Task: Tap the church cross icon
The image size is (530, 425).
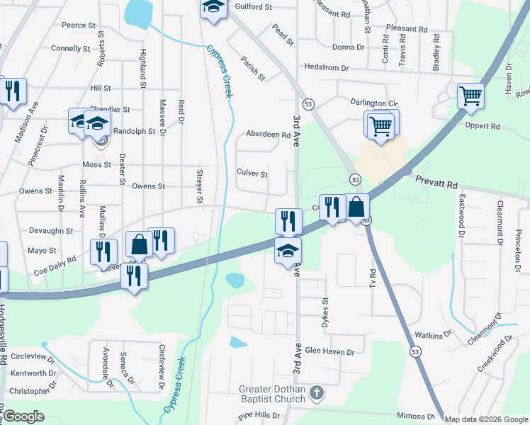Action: pyautogui.click(x=317, y=391)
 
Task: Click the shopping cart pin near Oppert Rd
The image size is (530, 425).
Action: pyautogui.click(x=470, y=96)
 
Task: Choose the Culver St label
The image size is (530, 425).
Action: pyautogui.click(x=252, y=174)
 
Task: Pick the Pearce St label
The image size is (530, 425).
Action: pyautogui.click(x=78, y=25)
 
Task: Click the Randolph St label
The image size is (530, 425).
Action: pyautogui.click(x=134, y=131)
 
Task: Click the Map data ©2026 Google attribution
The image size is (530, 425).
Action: pyautogui.click(x=487, y=419)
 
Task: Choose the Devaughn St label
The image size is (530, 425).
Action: pyautogui.click(x=51, y=231)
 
